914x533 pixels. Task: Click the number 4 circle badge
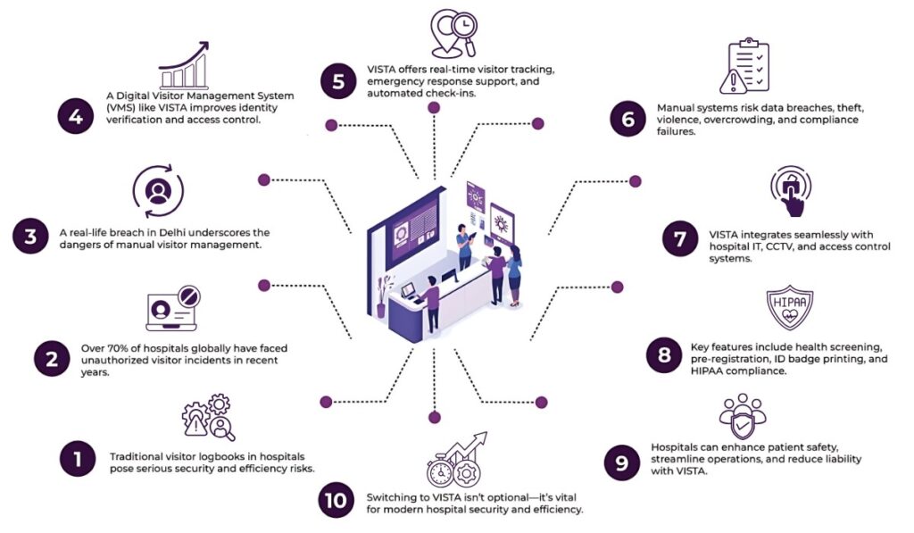76,118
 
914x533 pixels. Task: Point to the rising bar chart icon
184,67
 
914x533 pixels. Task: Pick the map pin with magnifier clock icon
452,34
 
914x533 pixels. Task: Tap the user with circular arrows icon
158,190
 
